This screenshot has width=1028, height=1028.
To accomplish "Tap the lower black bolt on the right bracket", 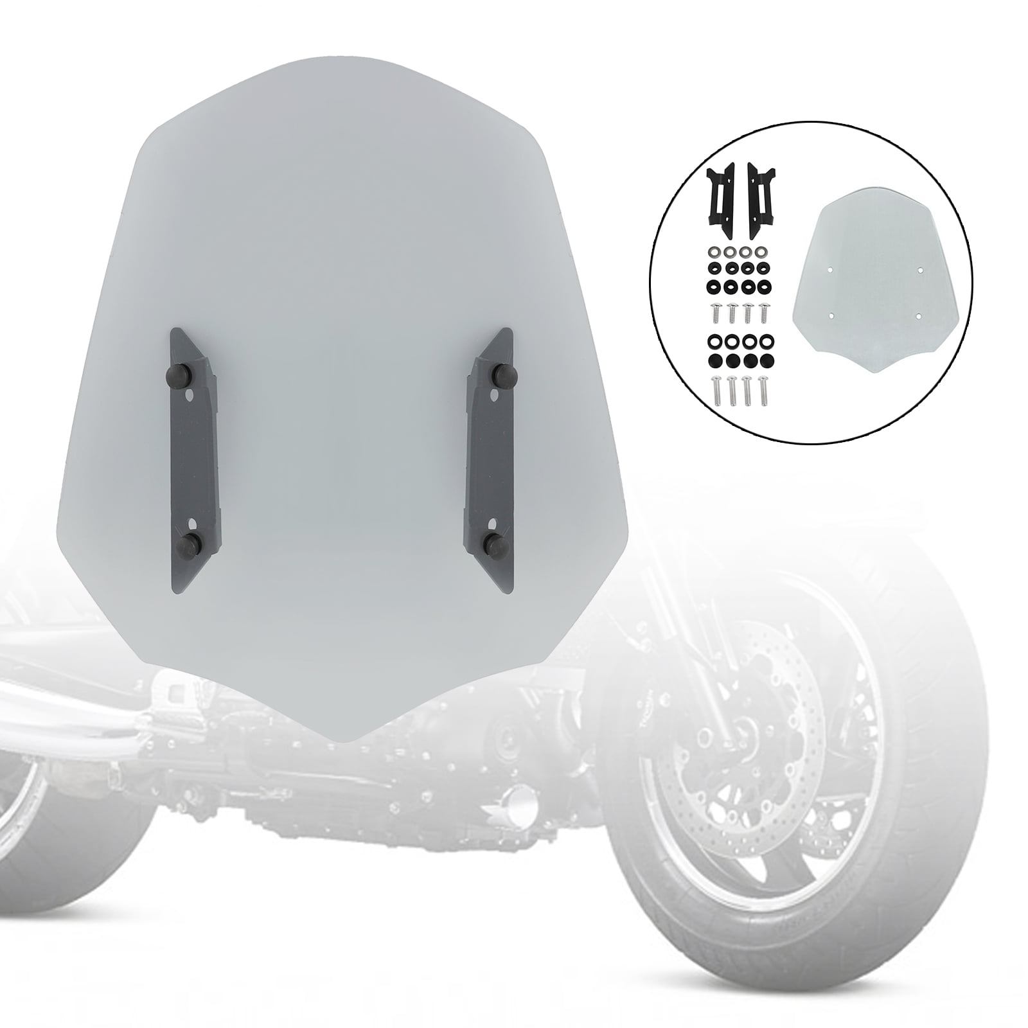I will tap(494, 541).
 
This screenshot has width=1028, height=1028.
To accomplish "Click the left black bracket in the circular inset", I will tap(721, 190).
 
